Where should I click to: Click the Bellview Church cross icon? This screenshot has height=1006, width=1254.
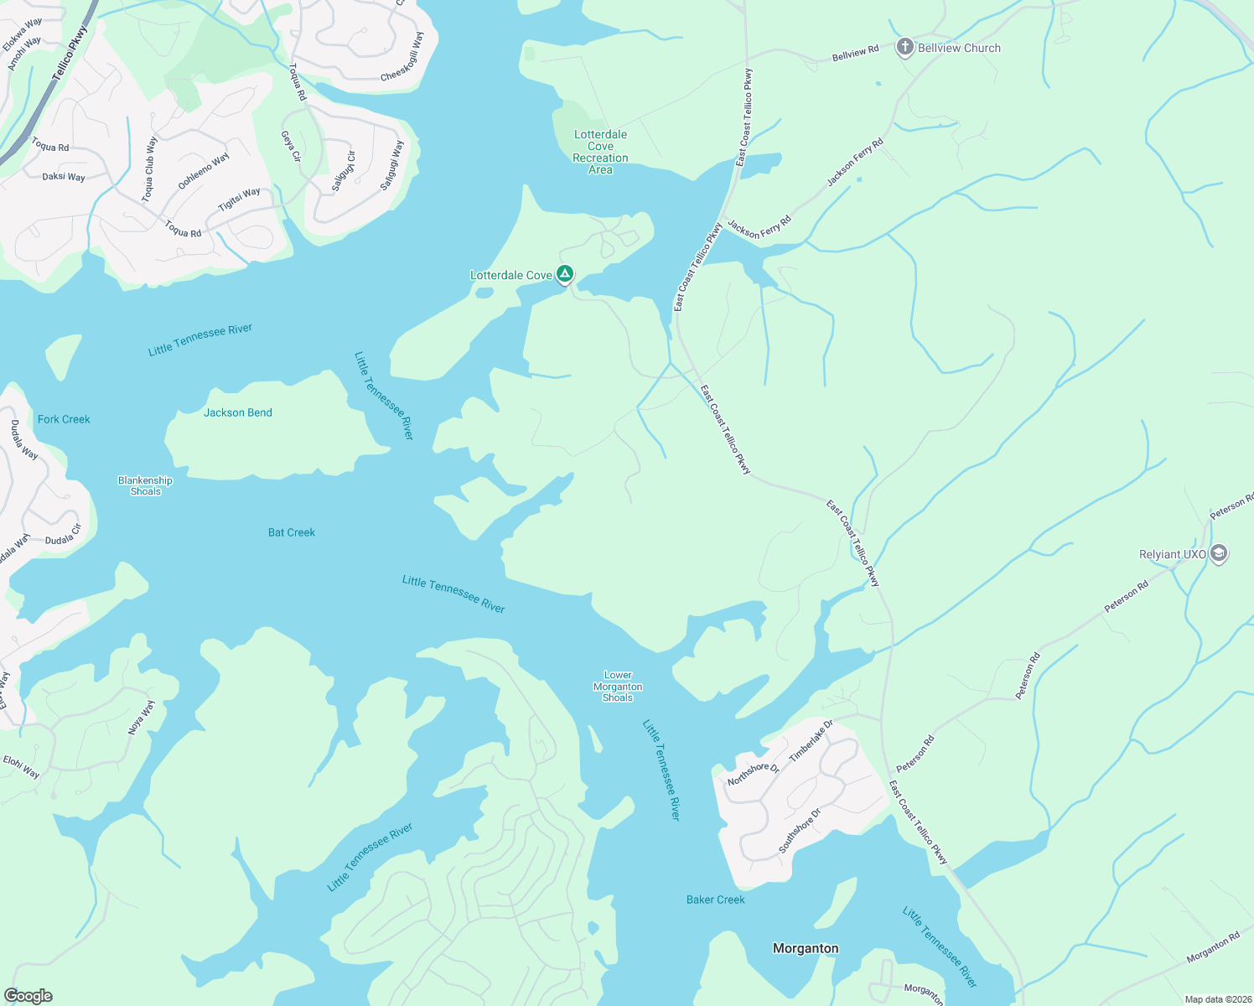point(904,47)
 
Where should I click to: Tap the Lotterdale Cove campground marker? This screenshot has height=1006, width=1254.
point(566,273)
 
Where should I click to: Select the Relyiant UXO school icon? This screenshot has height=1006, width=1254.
point(1219,553)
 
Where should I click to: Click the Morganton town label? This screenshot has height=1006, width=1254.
point(805,948)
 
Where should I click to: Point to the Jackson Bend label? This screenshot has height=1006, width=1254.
point(238,412)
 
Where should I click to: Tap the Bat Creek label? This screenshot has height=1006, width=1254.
point(292,532)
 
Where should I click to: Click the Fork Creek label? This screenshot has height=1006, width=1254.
point(64,419)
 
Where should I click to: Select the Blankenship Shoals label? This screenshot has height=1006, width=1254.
point(145,486)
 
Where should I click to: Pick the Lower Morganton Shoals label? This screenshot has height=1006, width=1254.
point(618,686)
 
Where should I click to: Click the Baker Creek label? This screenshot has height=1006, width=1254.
point(715,900)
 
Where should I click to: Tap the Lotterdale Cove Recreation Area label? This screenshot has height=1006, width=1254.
point(600,152)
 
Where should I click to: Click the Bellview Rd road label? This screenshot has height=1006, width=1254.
point(855,54)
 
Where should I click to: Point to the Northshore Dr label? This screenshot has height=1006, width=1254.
point(753,774)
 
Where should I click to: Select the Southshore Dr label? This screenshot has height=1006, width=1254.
point(800,831)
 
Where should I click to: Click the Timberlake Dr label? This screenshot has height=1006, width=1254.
point(811,740)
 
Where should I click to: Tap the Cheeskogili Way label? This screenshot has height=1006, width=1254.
point(403,57)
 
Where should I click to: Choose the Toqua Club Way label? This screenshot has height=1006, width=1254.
point(149,169)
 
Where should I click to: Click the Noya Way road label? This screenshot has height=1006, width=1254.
point(142,718)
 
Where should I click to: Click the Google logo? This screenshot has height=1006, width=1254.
point(28,995)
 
